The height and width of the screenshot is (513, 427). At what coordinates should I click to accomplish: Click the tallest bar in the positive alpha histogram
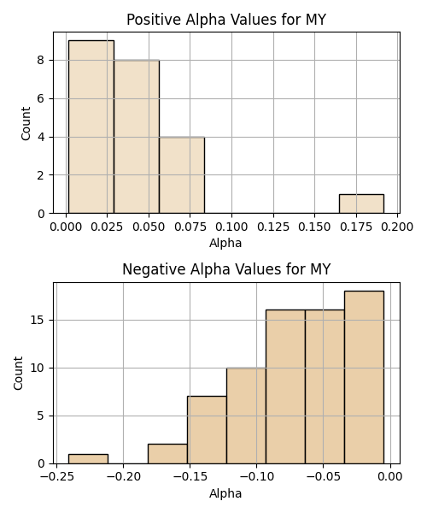click(91, 127)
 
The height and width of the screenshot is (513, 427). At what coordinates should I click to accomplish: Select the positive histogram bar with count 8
click(137, 137)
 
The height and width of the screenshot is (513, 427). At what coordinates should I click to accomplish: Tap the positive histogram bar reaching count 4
click(182, 175)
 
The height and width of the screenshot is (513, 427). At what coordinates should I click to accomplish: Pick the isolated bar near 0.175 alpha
click(361, 203)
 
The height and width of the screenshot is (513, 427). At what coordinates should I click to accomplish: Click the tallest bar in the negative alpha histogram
click(364, 377)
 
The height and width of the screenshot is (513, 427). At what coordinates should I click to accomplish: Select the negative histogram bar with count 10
click(246, 416)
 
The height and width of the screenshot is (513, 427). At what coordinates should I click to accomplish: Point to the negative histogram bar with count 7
click(207, 430)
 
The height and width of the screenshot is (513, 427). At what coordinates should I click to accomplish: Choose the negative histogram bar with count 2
click(167, 454)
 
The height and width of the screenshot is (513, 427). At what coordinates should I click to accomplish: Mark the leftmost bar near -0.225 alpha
click(88, 459)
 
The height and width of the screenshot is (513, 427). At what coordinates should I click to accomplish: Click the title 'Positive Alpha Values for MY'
click(226, 20)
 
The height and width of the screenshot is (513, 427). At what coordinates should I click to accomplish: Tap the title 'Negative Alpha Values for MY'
click(226, 269)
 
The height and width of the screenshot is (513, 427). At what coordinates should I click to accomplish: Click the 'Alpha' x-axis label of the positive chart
click(225, 243)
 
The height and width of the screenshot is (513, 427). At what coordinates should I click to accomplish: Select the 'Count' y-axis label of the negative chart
click(18, 373)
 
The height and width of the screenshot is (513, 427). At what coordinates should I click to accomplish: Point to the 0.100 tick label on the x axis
click(231, 227)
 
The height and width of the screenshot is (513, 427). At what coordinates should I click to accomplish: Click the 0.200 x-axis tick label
click(397, 227)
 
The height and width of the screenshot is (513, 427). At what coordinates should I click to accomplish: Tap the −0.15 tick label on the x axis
click(190, 477)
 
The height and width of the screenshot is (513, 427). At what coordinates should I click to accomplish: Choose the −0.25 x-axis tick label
click(57, 477)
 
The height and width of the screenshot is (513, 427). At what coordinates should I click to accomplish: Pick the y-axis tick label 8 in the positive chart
click(41, 60)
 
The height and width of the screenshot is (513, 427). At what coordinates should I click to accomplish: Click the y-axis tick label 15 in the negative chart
click(38, 320)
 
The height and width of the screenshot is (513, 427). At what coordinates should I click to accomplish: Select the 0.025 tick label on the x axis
click(107, 227)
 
